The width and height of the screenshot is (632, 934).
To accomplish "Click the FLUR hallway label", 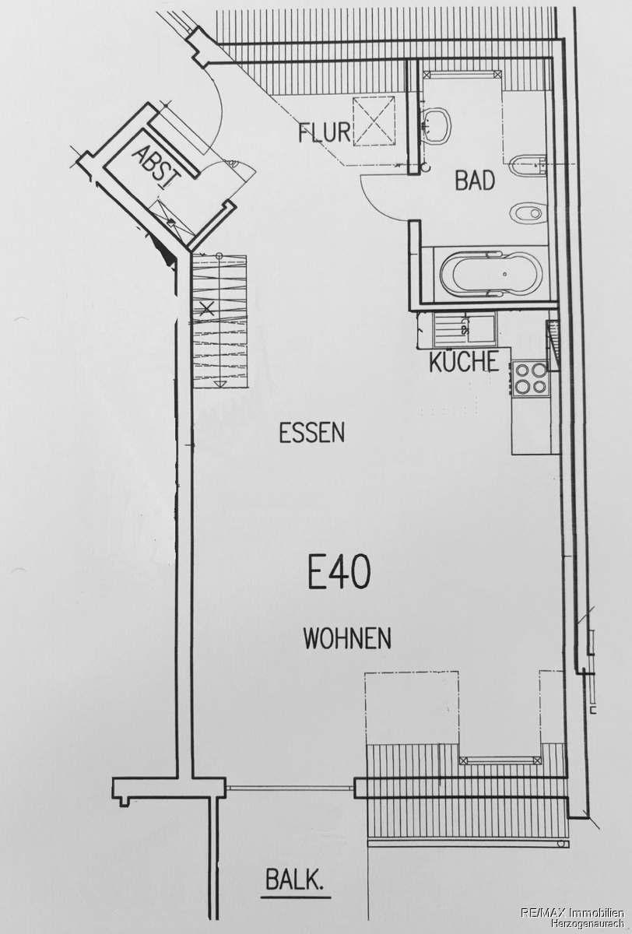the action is [x=325, y=132].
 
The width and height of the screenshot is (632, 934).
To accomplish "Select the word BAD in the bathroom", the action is [x=475, y=181].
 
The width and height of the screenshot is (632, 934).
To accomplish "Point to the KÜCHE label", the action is [x=464, y=362].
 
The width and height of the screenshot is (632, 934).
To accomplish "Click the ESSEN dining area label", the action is [x=312, y=433].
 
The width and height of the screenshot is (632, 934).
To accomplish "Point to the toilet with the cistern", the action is [x=528, y=167].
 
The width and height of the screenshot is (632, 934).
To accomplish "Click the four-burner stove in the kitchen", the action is [x=530, y=378].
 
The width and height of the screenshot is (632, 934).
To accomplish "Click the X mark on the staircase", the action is [x=207, y=309].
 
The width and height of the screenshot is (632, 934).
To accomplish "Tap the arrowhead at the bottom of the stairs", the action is [x=220, y=384].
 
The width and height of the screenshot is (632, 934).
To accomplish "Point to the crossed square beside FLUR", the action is [x=374, y=121].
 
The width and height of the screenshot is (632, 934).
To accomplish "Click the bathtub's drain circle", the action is [x=505, y=274].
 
